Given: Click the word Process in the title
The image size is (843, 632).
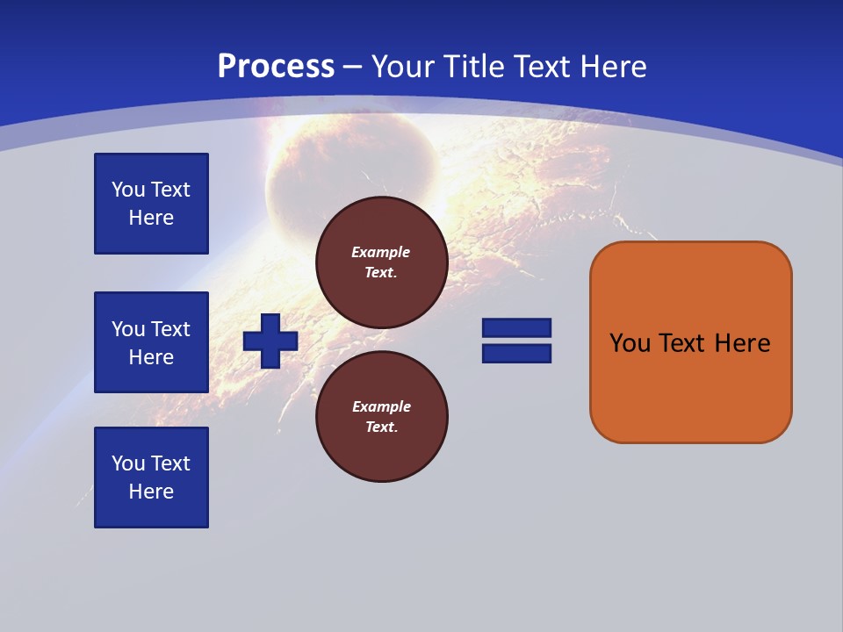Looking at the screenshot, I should (x=276, y=67).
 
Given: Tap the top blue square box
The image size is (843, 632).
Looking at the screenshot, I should (x=151, y=204).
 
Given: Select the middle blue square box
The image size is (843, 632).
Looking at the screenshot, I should (x=151, y=342).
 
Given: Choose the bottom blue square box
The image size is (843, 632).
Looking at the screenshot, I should (x=151, y=478).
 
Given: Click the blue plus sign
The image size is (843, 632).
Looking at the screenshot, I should (x=270, y=341).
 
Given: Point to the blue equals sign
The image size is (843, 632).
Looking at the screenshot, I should (x=516, y=341).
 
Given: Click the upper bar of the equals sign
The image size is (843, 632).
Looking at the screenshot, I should (x=516, y=327).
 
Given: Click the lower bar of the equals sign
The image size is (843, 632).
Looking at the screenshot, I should (x=516, y=354).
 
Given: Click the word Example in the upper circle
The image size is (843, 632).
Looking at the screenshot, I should (x=381, y=252).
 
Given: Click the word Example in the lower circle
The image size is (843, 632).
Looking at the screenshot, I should (x=381, y=406).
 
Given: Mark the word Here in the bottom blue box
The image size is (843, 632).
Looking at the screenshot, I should (x=151, y=492).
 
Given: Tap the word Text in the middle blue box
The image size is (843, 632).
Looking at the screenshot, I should (x=170, y=329).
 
